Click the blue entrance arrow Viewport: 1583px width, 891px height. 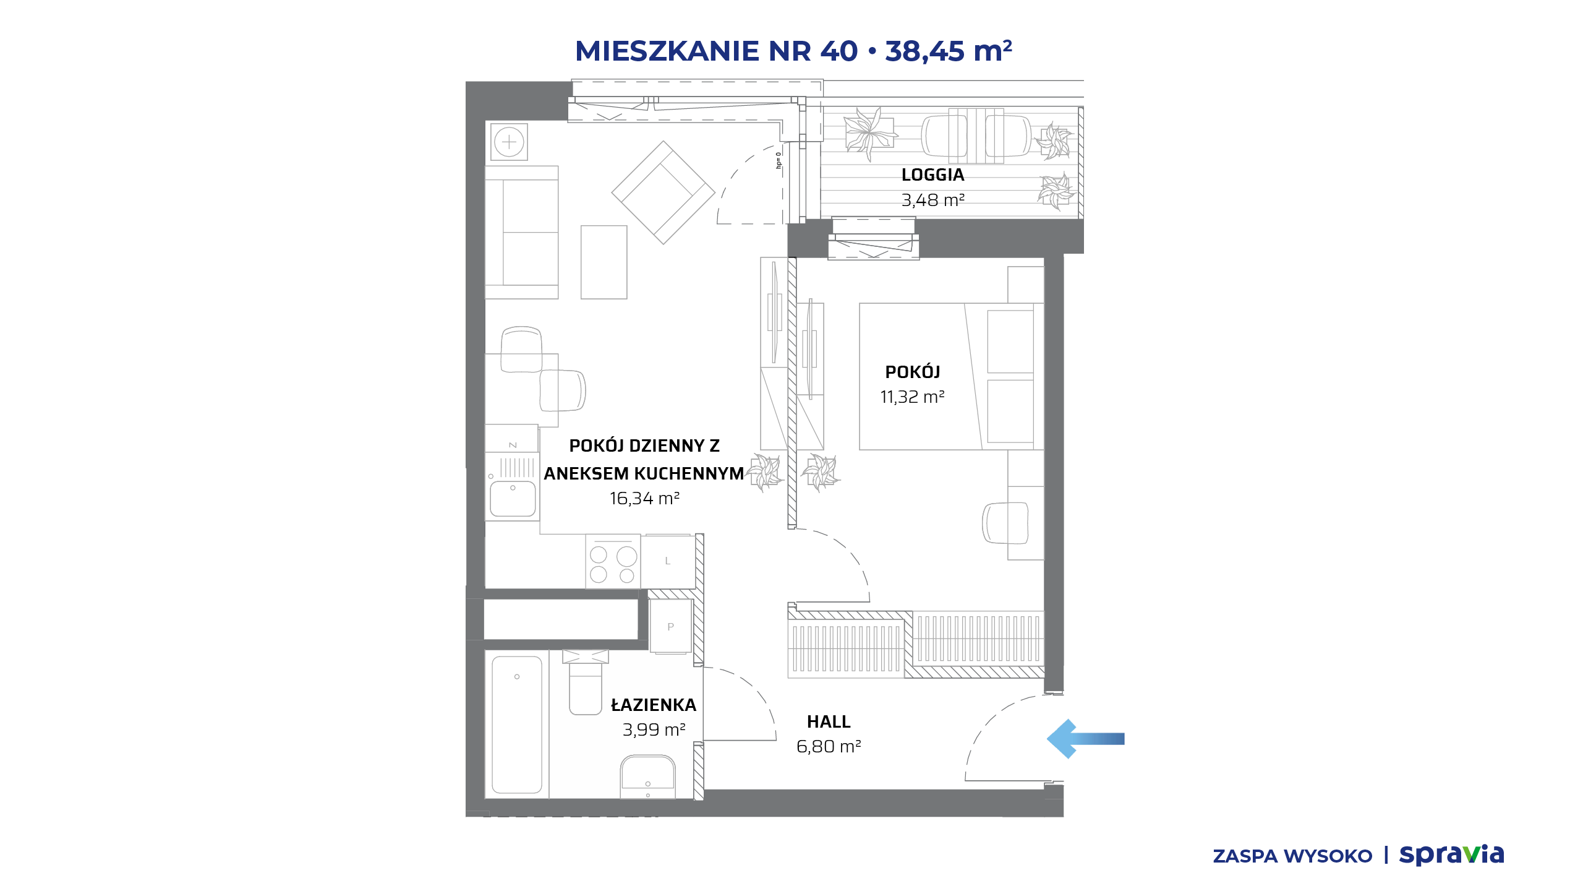coord(1085,739)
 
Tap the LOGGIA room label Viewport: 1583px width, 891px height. coord(932,175)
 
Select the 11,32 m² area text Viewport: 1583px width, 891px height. coord(912,397)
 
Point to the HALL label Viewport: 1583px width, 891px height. coord(829,722)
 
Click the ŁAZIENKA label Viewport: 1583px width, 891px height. coord(654,705)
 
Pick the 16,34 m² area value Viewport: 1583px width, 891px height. coord(644,499)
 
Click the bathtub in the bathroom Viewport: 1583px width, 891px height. coord(517,725)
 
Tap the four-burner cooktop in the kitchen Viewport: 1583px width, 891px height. coord(613,562)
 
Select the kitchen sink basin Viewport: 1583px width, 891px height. coord(513,499)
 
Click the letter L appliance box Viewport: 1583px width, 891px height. coord(668,561)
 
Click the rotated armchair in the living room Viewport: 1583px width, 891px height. coord(663,192)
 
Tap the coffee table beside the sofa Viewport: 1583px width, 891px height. coord(604,262)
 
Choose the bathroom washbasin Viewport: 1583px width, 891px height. coord(647,776)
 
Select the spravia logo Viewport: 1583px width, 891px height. coord(1451,855)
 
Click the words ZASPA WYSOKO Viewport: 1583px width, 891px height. coord(1292,856)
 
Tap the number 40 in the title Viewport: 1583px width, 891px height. coord(839,51)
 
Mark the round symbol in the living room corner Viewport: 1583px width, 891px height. coord(509,142)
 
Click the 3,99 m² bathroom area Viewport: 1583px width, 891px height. coord(654,730)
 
